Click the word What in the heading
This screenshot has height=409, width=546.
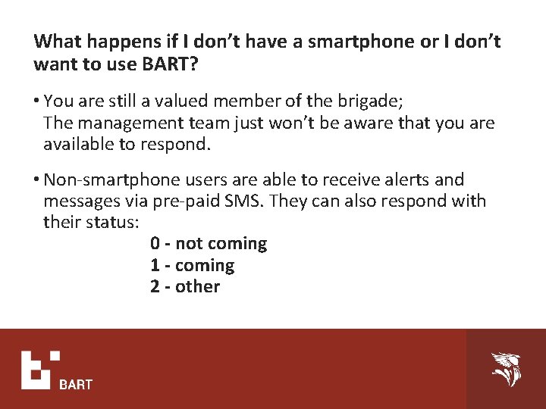(x=58, y=41)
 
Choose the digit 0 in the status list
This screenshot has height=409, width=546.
(x=155, y=244)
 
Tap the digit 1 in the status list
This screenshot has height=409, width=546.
(x=155, y=266)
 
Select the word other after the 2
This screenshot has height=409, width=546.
(x=197, y=287)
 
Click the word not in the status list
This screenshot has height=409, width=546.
(x=189, y=244)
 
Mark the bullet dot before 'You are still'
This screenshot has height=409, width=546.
(x=37, y=101)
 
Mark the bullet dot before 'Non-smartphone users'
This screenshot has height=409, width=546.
(x=37, y=181)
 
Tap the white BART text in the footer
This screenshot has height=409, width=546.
(x=76, y=385)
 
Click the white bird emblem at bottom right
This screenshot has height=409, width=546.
(x=505, y=369)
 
